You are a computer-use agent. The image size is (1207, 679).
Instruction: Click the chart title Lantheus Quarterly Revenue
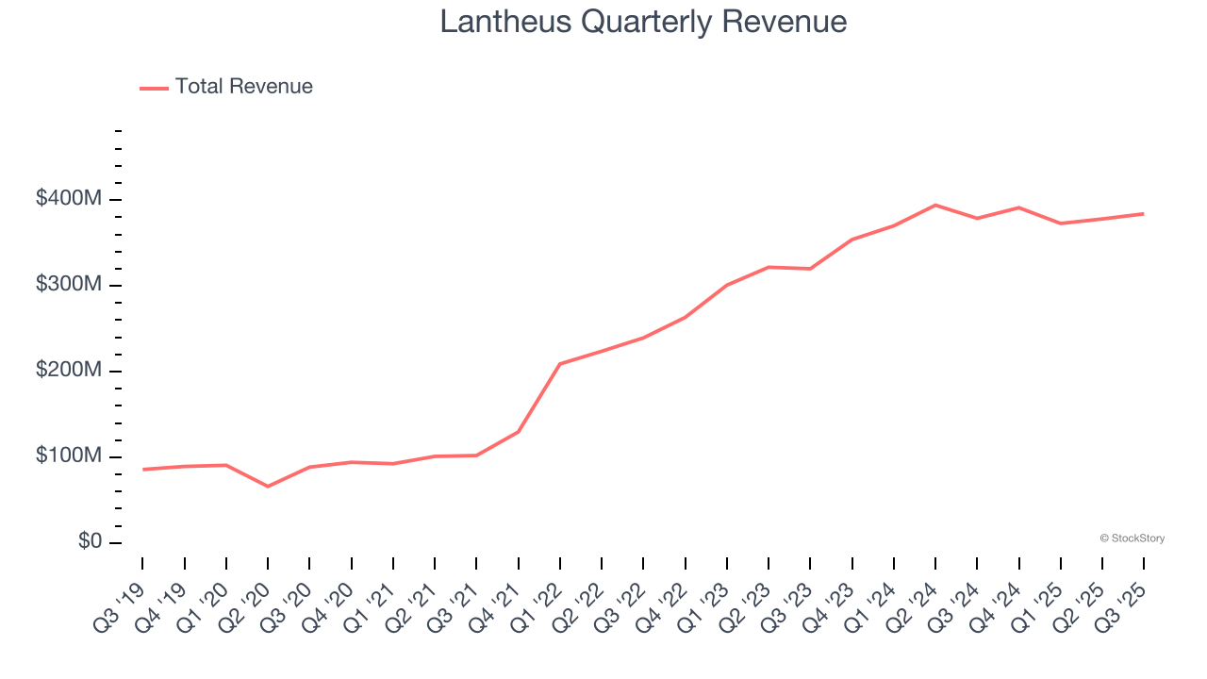click(x=643, y=22)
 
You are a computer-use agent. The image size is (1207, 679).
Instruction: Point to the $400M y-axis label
click(x=70, y=199)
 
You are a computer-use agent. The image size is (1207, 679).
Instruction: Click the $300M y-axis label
click(x=70, y=285)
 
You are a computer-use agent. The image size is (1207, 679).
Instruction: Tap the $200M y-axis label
click(x=70, y=371)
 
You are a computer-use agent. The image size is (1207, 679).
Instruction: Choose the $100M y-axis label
click(x=70, y=456)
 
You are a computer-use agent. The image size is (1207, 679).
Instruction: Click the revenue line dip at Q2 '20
click(x=268, y=487)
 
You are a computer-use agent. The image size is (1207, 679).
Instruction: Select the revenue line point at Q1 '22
click(x=560, y=364)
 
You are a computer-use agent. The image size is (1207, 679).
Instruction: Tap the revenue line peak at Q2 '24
click(x=934, y=205)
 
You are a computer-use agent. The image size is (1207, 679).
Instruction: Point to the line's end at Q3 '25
click(x=1143, y=214)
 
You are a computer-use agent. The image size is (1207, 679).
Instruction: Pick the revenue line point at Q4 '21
click(x=519, y=432)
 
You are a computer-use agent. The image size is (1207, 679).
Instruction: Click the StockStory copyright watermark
click(x=1132, y=538)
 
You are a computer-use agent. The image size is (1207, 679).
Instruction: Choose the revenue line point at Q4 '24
click(x=1018, y=207)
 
